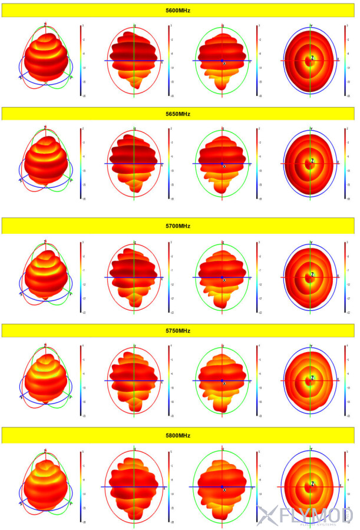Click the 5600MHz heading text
click(177, 11)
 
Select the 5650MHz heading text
click(177, 114)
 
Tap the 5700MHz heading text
click(177, 226)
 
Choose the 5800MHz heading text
click(177, 435)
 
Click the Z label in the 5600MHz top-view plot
click(312, 58)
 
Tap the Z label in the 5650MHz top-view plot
click(312, 161)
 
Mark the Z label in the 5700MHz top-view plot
click(312, 274)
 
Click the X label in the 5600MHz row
click(224, 63)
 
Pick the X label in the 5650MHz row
click(224, 166)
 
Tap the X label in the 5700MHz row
click(224, 280)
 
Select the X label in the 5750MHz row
click(224, 383)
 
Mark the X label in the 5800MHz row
click(224, 489)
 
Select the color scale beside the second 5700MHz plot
click(169, 276)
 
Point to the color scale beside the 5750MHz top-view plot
click(345, 380)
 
